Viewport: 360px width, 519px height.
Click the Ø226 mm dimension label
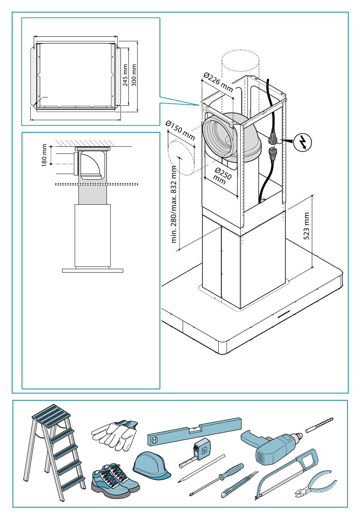tap(218, 82)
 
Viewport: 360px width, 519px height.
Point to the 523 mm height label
tap(307, 226)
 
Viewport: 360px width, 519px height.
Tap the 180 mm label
tap(45, 155)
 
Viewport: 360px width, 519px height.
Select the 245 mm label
tap(125, 75)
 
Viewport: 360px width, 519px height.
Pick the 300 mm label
tap(134, 75)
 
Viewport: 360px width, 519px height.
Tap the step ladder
tap(53, 451)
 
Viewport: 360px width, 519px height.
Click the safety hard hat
tap(150, 466)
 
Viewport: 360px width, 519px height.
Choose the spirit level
tap(194, 431)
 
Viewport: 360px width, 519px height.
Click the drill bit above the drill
tap(319, 424)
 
